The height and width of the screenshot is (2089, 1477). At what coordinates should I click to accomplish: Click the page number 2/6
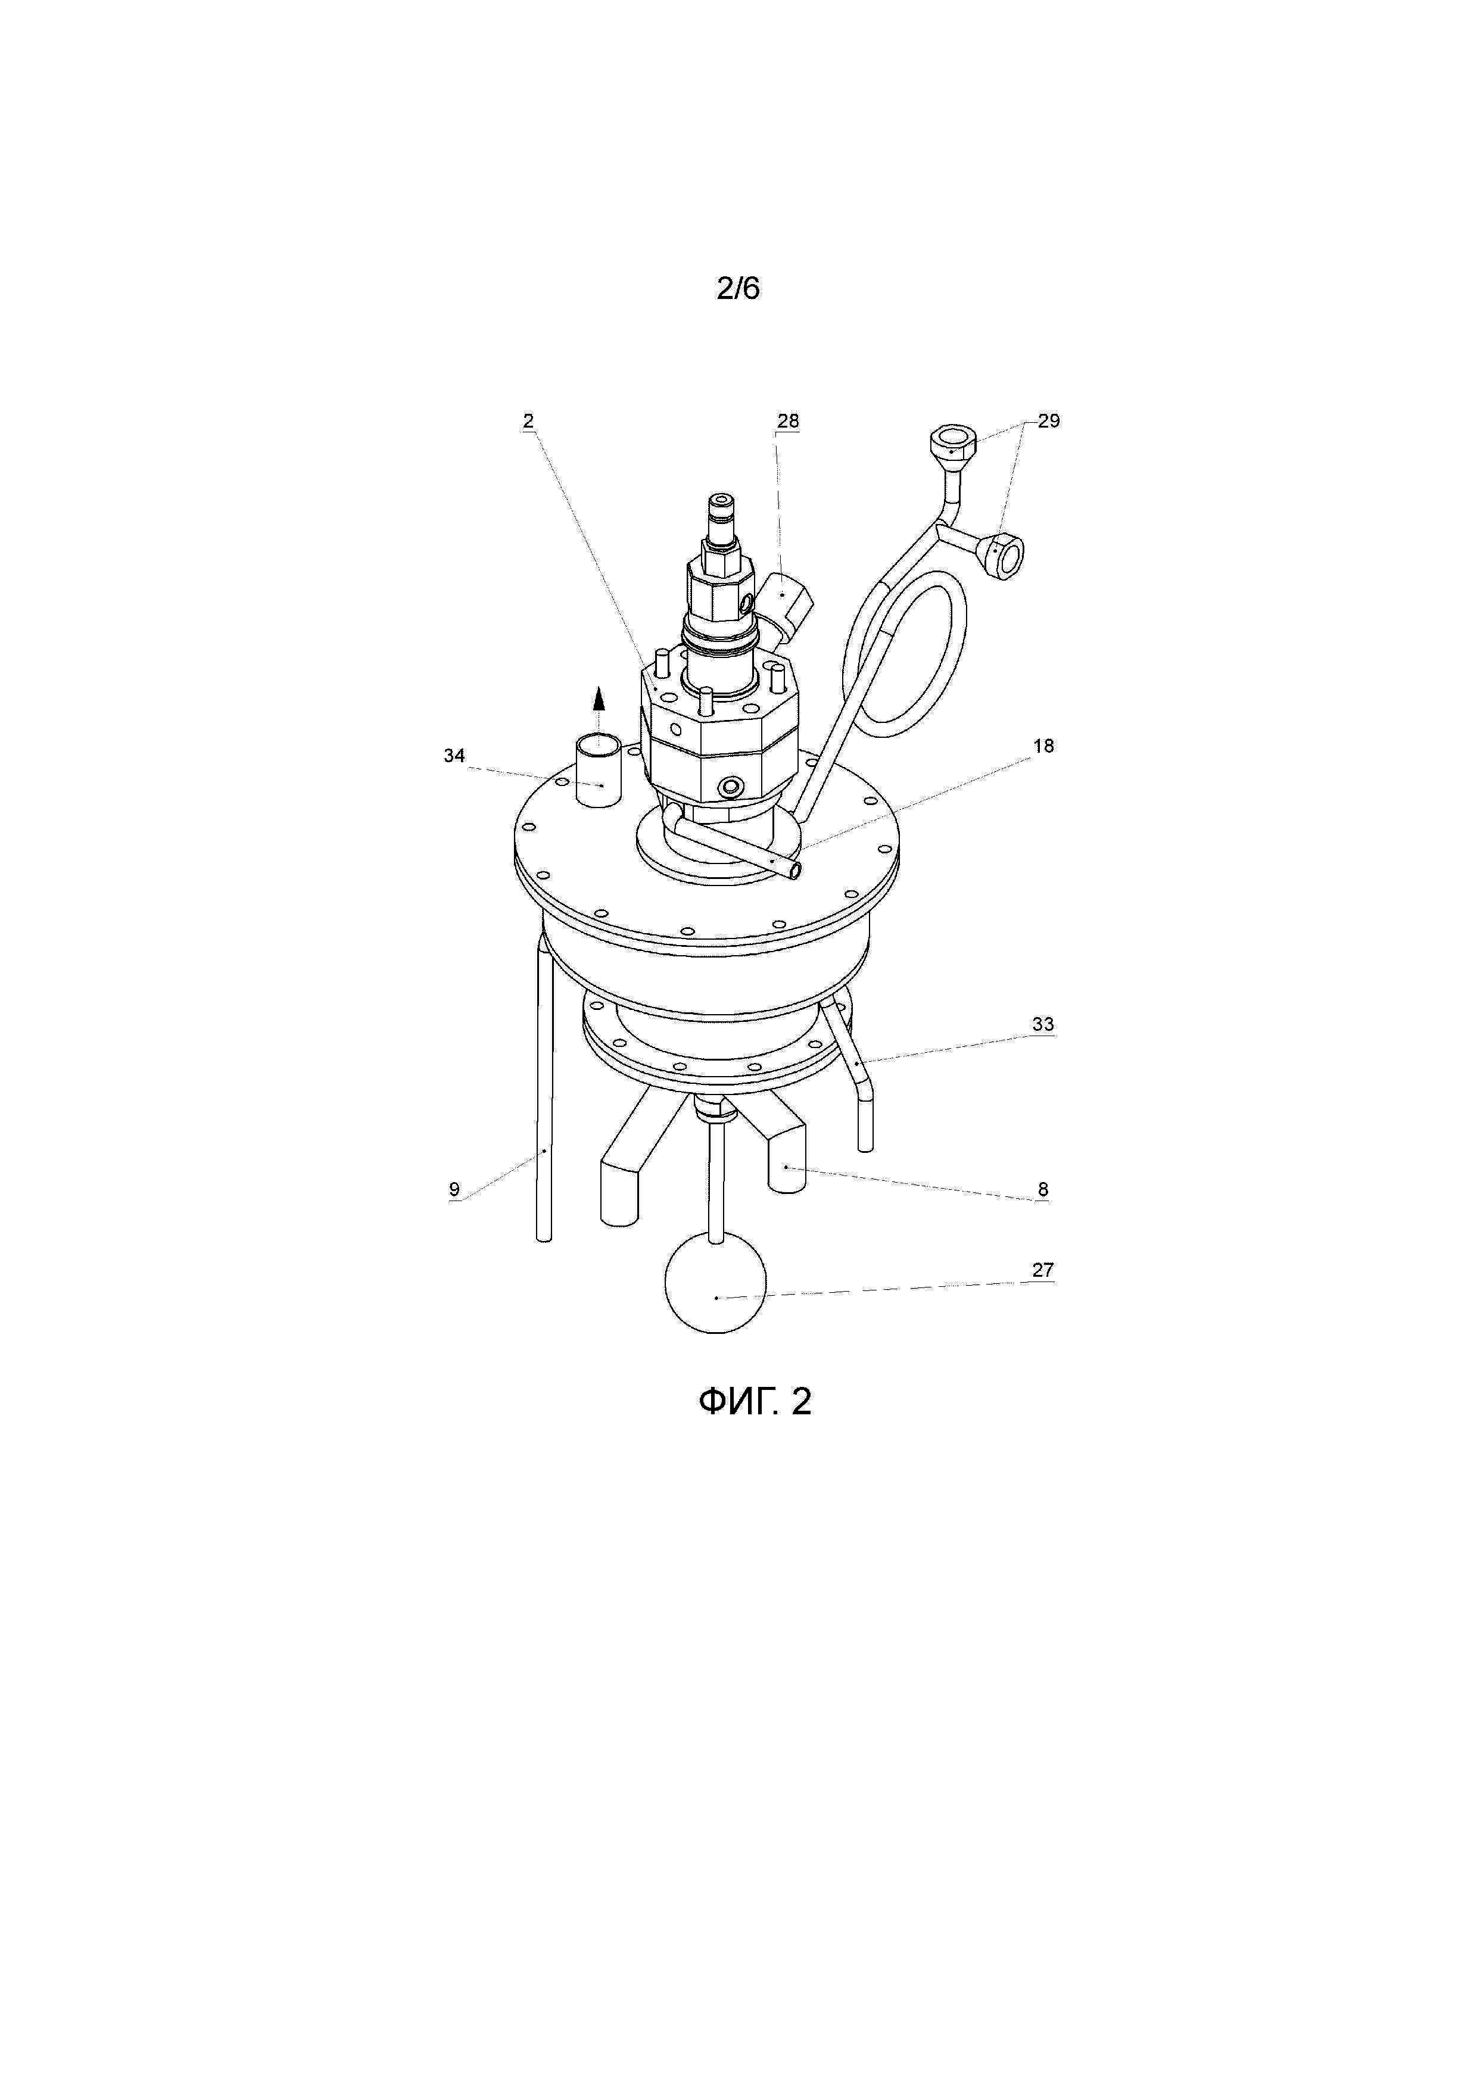738,288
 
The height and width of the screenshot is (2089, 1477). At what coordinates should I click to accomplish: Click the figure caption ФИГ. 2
755,1402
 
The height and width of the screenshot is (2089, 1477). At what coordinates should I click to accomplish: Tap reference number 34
454,756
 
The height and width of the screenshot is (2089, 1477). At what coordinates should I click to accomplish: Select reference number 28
788,420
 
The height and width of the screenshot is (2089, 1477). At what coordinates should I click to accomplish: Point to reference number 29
1049,420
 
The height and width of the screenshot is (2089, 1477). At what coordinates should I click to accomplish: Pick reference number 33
1043,1024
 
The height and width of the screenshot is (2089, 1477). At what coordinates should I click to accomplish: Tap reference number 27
1043,1270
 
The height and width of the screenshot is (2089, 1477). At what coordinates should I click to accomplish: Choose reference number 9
454,1189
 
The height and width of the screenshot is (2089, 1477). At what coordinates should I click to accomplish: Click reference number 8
1043,1189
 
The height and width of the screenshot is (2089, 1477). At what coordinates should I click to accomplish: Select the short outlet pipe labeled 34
598,772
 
